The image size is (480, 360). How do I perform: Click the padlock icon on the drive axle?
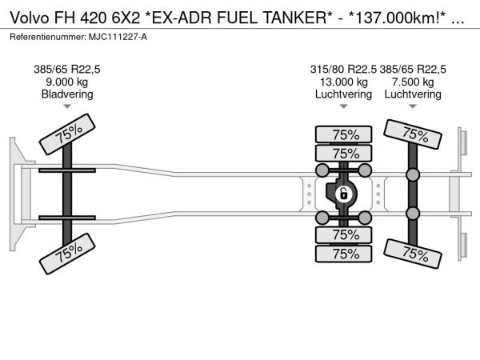pos(344,194)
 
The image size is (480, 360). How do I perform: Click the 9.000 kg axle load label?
pos(66,82)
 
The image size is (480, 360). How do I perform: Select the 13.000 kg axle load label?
pos(343,82)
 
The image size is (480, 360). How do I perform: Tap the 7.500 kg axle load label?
pos(413,82)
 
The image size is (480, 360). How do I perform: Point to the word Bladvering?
pos(67,94)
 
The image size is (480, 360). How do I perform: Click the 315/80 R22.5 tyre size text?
pos(343,70)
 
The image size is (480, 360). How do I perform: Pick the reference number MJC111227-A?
pos(118,37)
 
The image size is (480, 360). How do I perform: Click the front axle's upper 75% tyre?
pos(67,134)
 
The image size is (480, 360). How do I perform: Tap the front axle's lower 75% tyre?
pos(67,254)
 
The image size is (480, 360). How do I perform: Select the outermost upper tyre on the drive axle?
pos(343,134)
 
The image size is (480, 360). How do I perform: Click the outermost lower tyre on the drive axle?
pos(343,254)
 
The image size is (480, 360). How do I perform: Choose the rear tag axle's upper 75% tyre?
pos(413,134)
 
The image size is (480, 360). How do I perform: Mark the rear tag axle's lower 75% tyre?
pos(413,254)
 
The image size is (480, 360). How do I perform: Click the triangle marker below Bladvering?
pos(67,106)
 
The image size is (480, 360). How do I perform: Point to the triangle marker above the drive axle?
pos(343,106)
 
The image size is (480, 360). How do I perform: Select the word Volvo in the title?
pos(30,18)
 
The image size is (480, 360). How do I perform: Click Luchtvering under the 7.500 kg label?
pos(413,94)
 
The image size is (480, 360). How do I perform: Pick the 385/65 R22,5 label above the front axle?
pos(67,70)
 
